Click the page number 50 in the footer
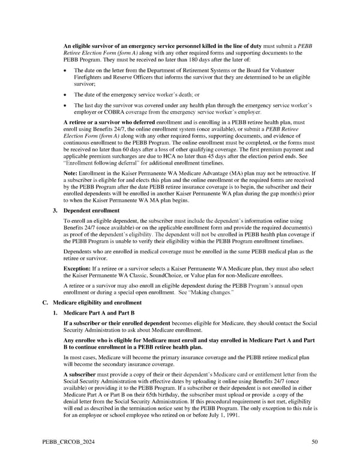pos(314,443)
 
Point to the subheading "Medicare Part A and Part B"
pos(98,313)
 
